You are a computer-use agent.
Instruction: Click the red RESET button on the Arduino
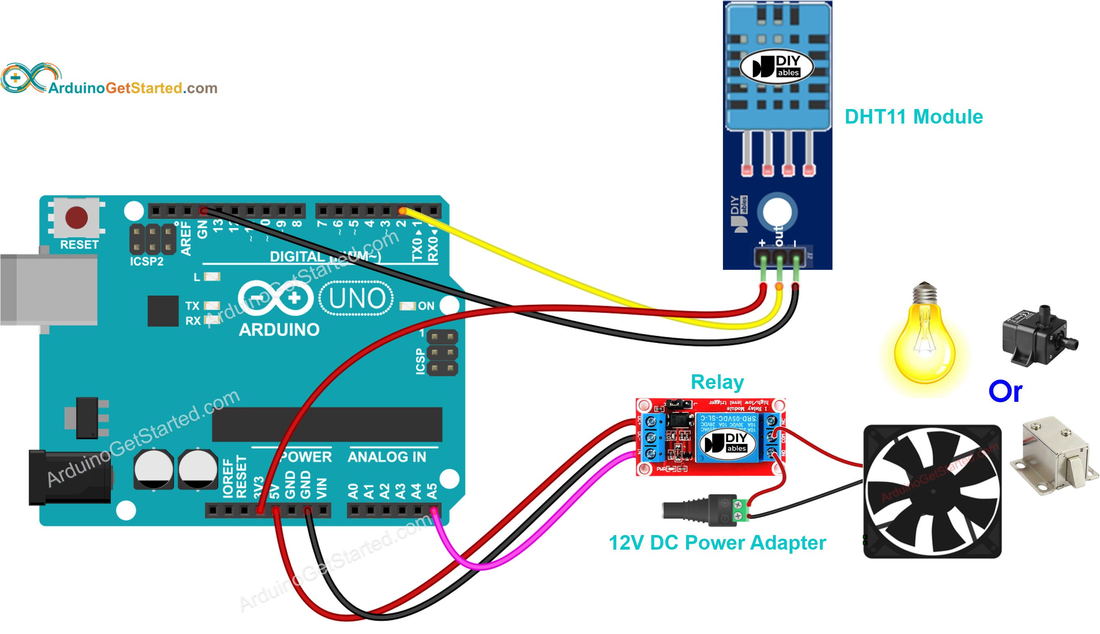pyautogui.click(x=76, y=217)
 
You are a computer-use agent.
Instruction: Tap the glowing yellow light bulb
pyautogui.click(x=925, y=344)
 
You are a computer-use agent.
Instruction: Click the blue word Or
pyautogui.click(x=1005, y=391)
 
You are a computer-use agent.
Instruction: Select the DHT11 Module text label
pyautogui.click(x=913, y=117)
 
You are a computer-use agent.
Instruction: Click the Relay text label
pyautogui.click(x=716, y=382)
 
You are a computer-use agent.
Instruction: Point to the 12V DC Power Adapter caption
pyautogui.click(x=716, y=543)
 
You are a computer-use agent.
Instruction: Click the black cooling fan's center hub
pyautogui.click(x=932, y=491)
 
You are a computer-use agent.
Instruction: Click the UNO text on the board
pyautogui.click(x=356, y=299)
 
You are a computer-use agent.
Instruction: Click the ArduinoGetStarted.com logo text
pyautogui.click(x=133, y=88)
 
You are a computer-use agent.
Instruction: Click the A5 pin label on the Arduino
pyautogui.click(x=432, y=491)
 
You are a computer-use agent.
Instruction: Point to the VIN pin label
pyautogui.click(x=322, y=488)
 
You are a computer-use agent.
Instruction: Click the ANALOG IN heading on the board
pyautogui.click(x=386, y=457)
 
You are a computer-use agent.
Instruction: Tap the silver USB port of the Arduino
pyautogui.click(x=48, y=290)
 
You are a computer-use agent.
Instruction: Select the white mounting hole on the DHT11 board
pyautogui.click(x=777, y=212)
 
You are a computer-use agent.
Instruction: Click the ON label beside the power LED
pyautogui.click(x=426, y=306)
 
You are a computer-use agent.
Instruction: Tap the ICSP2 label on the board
pyautogui.click(x=146, y=261)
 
